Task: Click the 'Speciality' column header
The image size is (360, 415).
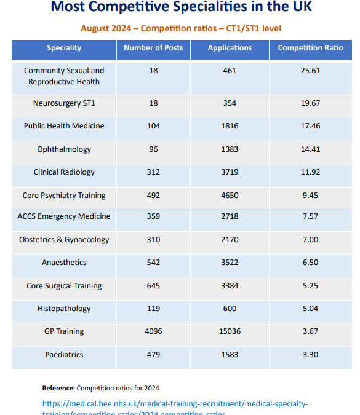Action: (64, 48)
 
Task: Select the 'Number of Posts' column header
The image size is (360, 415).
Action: (153, 48)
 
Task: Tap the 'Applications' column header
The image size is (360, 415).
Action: (230, 48)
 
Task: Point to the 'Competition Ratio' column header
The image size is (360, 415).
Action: (310, 48)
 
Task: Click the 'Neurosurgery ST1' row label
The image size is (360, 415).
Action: (64, 103)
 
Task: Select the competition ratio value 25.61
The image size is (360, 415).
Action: (310, 71)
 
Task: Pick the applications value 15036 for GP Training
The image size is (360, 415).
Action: (230, 331)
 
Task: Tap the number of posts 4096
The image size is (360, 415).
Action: (153, 331)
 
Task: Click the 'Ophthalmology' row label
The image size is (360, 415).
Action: (64, 149)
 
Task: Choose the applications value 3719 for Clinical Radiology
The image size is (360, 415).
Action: (230, 172)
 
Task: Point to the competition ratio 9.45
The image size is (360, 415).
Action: (310, 196)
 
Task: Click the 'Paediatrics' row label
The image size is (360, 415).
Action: (64, 355)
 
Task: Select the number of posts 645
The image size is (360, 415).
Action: (153, 286)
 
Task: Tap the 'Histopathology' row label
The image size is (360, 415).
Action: (64, 309)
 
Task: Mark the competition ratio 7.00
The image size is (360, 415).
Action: (310, 240)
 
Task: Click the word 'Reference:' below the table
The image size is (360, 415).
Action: (58, 388)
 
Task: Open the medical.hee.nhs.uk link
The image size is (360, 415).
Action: (175, 404)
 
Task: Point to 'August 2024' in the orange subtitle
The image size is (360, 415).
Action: (106, 29)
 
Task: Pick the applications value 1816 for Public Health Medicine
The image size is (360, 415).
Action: (230, 126)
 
